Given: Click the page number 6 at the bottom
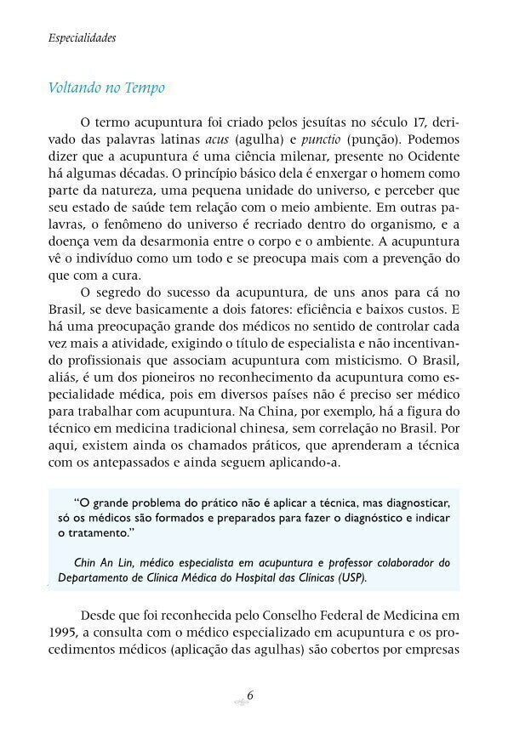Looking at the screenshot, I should pos(251,695).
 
